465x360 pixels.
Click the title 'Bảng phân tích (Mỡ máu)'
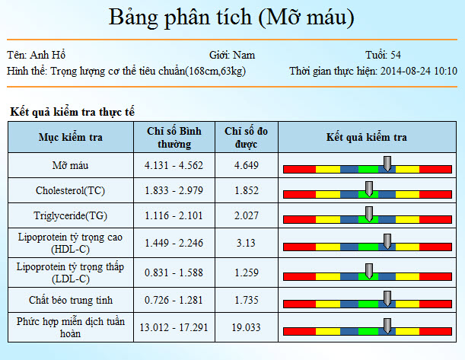coord(231,18)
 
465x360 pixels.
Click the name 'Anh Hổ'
coord(49,56)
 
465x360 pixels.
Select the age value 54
coord(396,56)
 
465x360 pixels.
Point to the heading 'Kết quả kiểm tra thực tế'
coord(72,112)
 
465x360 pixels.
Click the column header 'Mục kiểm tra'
coord(71,138)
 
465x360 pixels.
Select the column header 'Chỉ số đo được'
coord(246,138)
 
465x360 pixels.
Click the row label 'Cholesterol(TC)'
coord(71,190)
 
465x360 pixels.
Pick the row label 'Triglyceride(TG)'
coord(71,216)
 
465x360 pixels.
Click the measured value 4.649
coord(246,165)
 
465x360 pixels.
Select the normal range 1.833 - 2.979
coord(174,190)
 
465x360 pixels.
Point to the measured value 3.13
coord(246,243)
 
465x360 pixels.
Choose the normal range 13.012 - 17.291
coord(174,328)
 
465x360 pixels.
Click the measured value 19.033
coord(246,328)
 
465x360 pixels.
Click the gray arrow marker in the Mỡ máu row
coord(387,163)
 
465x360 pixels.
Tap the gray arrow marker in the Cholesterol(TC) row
coord(369,189)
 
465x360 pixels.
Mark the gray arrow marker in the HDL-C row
coord(387,241)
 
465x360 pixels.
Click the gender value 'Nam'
coord(244,56)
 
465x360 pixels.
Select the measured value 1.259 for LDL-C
coord(246,272)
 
